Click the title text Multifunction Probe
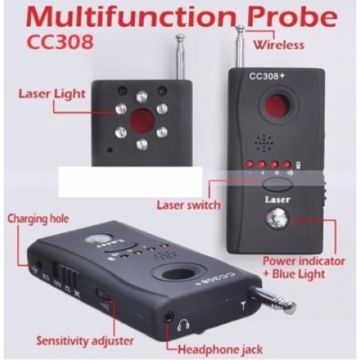coord(179,16)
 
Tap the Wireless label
coord(278,45)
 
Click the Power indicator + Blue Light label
coord(302,267)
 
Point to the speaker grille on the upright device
coord(280,142)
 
